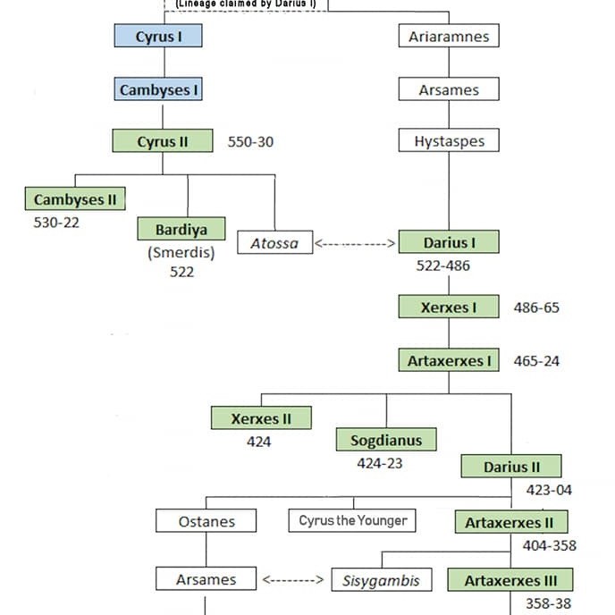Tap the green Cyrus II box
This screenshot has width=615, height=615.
[x=162, y=141]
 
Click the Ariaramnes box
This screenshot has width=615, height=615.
[x=448, y=37]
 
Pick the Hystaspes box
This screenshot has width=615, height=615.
[x=448, y=141]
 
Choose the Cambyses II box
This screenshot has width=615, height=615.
[x=74, y=198]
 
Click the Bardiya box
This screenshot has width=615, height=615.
[x=181, y=228]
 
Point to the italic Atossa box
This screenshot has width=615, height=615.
[x=274, y=242]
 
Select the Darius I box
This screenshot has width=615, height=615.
[x=448, y=242]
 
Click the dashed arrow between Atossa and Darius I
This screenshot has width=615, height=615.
[x=355, y=242]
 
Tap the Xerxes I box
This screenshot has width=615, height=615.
[x=448, y=307]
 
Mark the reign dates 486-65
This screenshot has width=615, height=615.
[x=536, y=307]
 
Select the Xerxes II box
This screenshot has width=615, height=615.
[x=261, y=417]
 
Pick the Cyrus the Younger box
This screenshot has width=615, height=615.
[x=352, y=520]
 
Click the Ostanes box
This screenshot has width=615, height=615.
[x=206, y=521]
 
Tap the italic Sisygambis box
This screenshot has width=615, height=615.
[x=375, y=580]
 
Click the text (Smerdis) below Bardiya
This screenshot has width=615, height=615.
[x=181, y=253]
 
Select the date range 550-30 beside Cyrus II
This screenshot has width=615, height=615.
[x=250, y=142]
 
